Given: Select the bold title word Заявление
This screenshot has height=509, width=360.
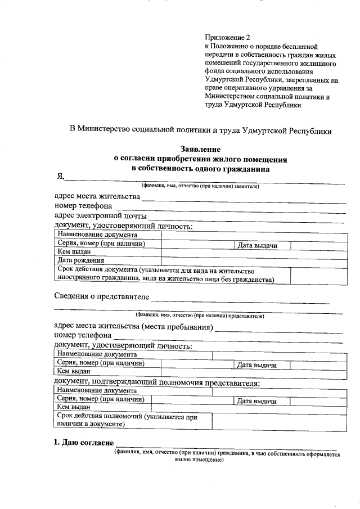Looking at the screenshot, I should [200, 149].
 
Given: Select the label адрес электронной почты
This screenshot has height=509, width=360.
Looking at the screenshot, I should [100, 216].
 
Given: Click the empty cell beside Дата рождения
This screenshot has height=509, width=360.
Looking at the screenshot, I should [253, 260].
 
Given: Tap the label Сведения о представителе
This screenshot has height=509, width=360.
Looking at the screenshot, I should [101, 296].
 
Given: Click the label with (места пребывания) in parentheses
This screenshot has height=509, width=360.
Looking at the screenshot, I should [133, 326].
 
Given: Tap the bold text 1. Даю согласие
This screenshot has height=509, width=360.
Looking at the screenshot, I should [83, 443].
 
